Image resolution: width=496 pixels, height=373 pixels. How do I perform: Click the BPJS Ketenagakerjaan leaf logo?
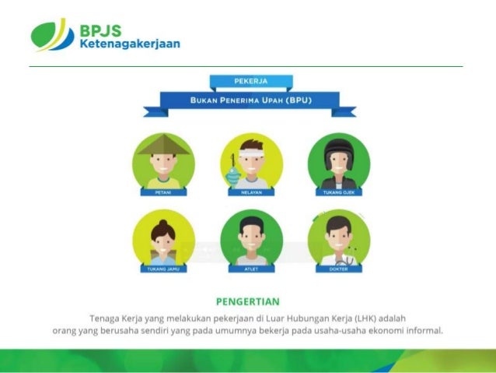(x=52, y=33)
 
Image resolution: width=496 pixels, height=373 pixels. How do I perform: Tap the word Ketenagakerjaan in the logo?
(x=129, y=44)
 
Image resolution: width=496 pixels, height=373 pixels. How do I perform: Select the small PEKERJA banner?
(x=251, y=81)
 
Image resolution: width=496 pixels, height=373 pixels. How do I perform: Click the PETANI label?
(x=163, y=191)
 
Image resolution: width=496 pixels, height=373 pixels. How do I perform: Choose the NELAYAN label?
(x=250, y=191)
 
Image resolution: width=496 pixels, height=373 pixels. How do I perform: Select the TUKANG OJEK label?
(x=338, y=191)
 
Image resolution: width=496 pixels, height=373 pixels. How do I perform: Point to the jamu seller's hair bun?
(x=162, y=222)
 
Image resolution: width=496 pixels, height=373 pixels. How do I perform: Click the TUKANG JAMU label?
(x=163, y=269)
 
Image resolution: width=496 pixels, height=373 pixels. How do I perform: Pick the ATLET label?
(x=250, y=269)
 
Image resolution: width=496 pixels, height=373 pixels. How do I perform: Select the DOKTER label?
(x=338, y=269)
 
